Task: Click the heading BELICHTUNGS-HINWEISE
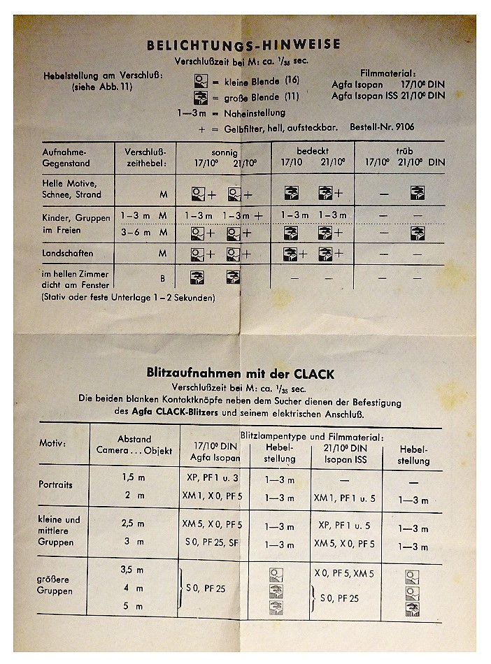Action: pos(243,45)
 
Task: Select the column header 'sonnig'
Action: pos(224,152)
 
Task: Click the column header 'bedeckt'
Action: pos(312,151)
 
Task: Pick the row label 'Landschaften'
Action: pos(68,253)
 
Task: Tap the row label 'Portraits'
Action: pos(56,484)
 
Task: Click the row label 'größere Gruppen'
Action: pos(56,585)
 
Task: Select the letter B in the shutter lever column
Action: pos(162,278)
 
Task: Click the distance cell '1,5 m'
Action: pos(132,477)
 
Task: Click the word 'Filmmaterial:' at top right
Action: pos(388,73)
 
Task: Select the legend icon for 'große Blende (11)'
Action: pos(201,96)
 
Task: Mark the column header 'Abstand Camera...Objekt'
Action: pos(134,445)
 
